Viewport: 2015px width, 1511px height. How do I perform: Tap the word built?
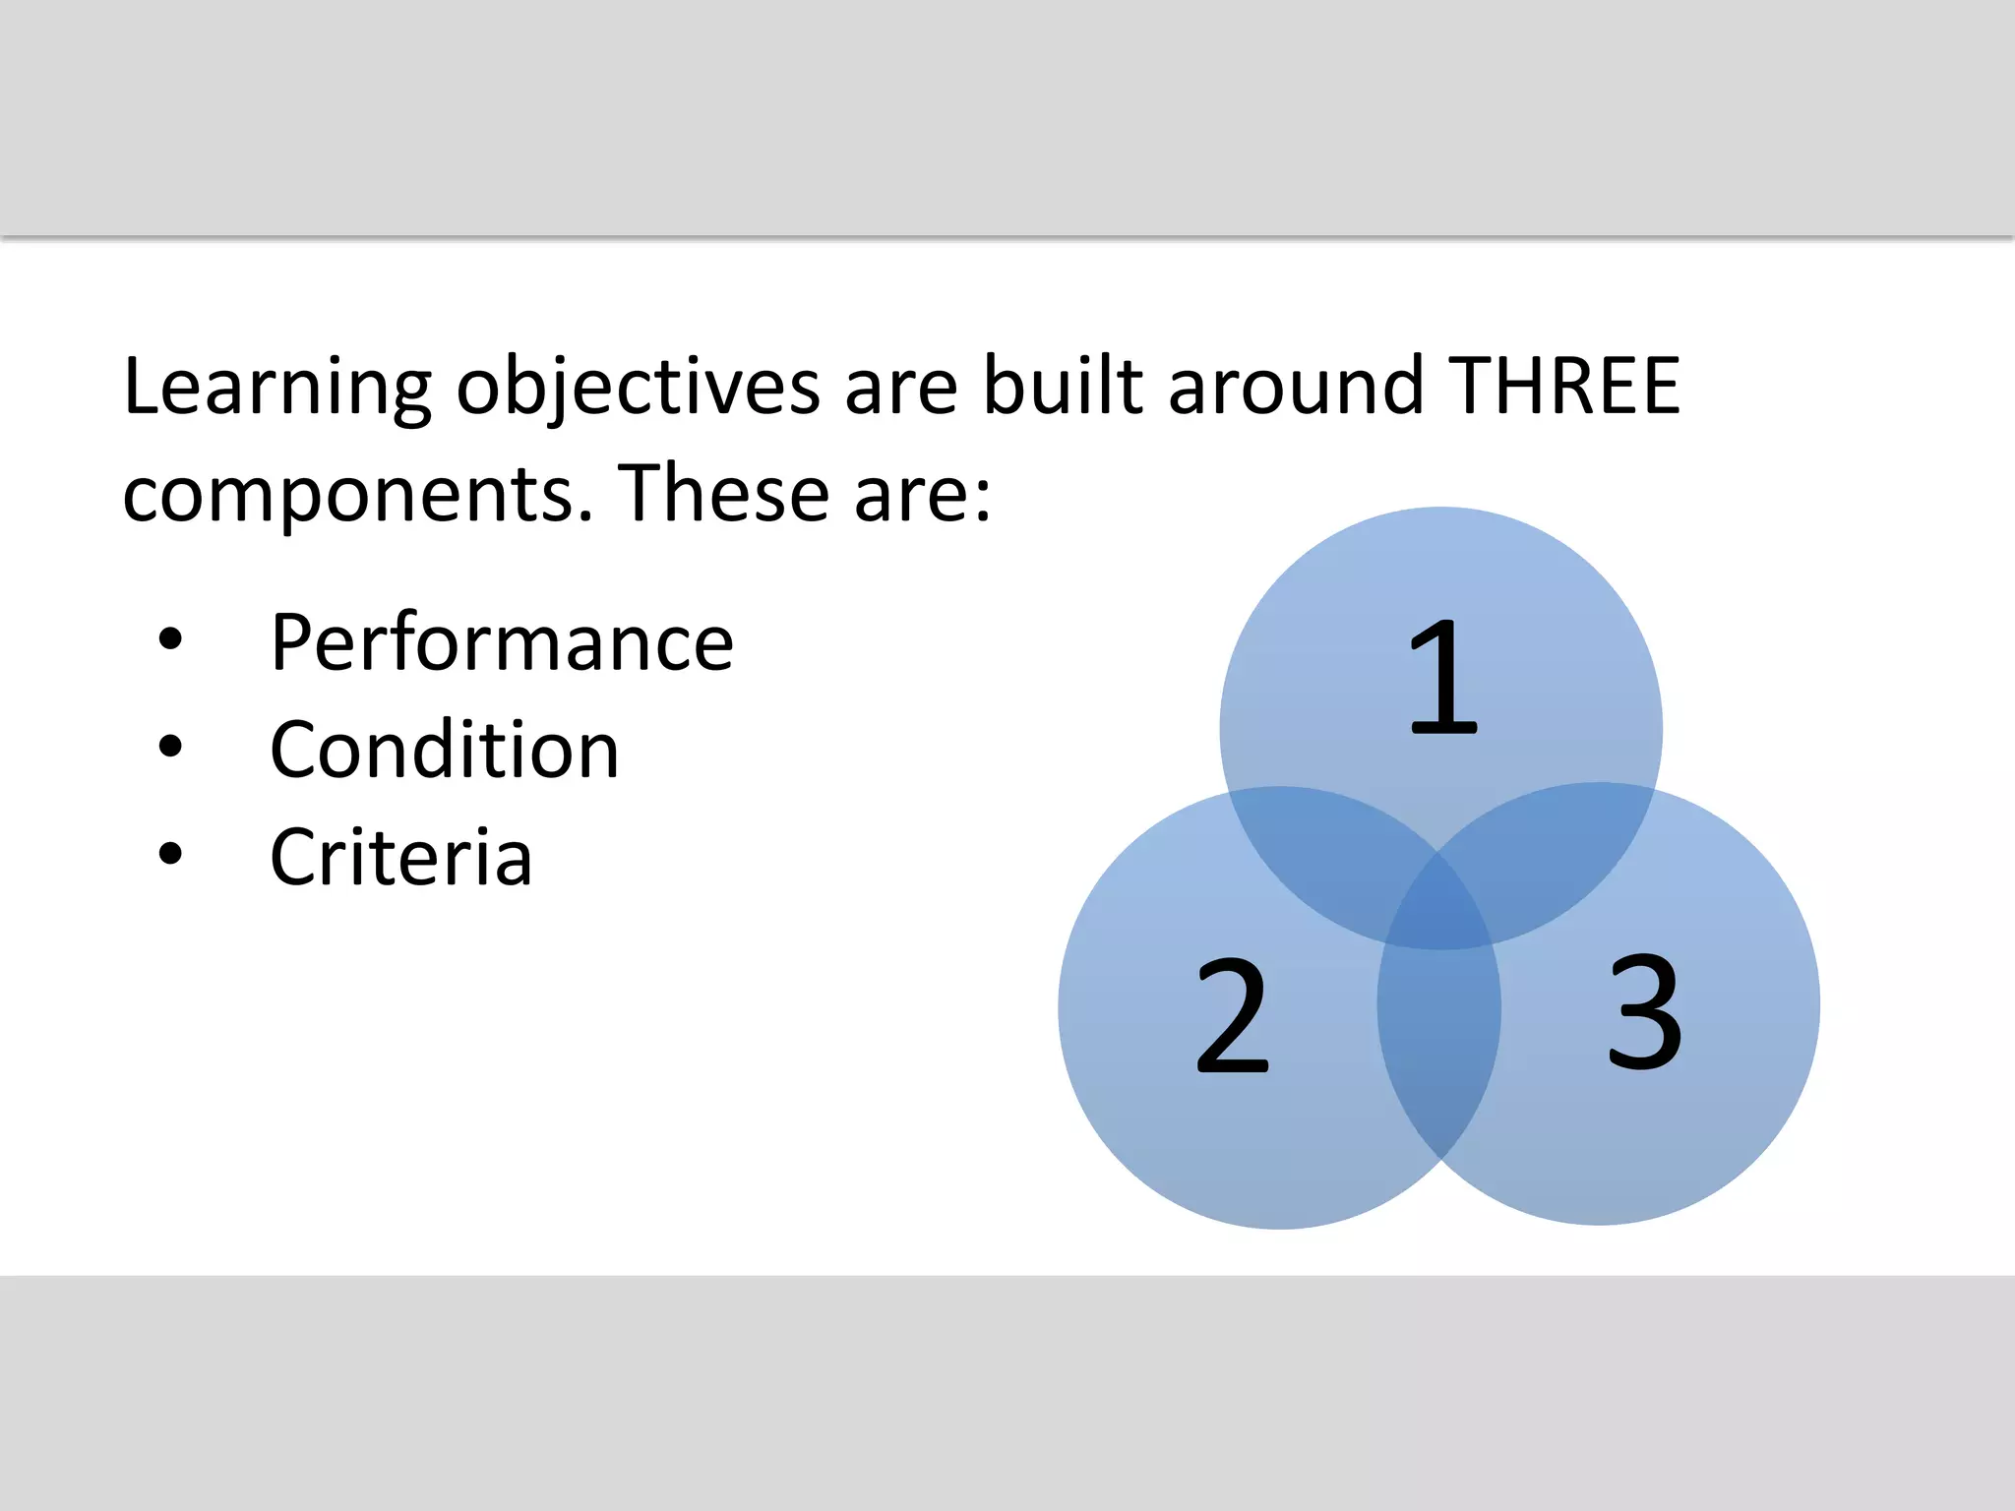click(1063, 386)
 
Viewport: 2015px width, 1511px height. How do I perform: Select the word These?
click(723, 493)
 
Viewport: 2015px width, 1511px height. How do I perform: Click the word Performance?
click(502, 644)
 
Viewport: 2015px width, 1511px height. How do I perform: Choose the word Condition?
click(445, 751)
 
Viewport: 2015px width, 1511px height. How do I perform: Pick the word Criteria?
click(401, 858)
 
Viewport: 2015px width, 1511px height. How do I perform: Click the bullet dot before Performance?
click(170, 639)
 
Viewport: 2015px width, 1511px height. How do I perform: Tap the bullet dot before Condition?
click(170, 747)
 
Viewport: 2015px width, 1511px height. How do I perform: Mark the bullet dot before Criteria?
click(170, 854)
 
